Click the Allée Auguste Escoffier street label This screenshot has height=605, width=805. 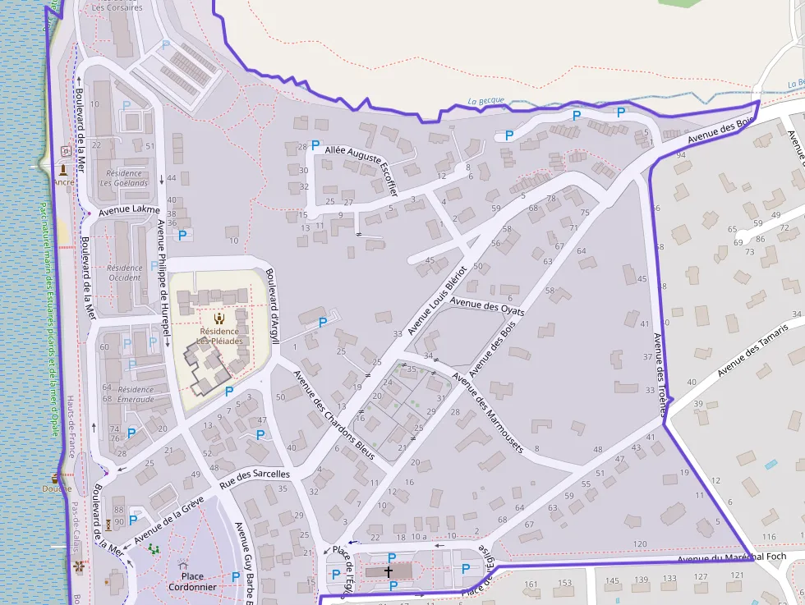tap(361, 170)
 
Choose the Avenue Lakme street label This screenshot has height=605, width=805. tap(129, 211)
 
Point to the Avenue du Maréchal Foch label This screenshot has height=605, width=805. tap(732, 557)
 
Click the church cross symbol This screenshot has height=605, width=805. tap(389, 571)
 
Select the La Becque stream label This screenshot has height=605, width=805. tap(484, 102)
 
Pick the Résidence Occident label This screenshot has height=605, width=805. tap(125, 273)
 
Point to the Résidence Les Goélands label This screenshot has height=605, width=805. tap(124, 178)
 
